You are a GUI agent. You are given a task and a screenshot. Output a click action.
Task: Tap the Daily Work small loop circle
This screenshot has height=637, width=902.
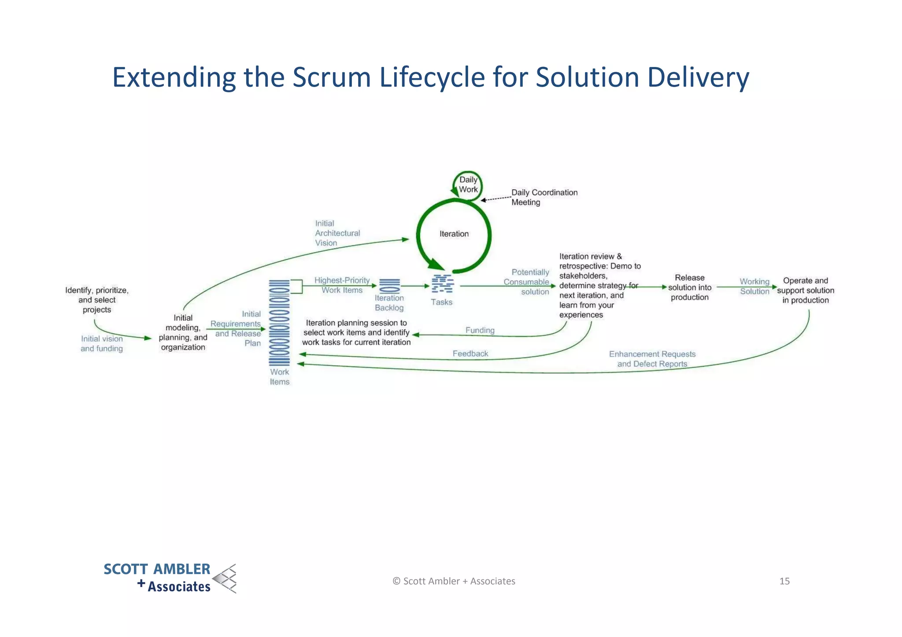click(x=468, y=185)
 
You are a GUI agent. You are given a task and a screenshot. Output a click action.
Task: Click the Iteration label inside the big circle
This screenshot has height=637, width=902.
click(x=454, y=234)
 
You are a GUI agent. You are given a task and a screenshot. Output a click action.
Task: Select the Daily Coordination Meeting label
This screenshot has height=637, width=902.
click(x=544, y=197)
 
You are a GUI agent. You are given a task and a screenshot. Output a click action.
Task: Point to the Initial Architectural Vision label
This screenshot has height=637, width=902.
click(x=337, y=233)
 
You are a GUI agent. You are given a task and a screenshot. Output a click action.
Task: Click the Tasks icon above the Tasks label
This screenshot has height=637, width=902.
click(x=442, y=284)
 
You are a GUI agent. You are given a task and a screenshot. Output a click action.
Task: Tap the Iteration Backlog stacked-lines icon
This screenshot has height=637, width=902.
click(x=389, y=286)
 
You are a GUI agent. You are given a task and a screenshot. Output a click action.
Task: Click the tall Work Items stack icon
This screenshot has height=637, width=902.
click(x=279, y=323)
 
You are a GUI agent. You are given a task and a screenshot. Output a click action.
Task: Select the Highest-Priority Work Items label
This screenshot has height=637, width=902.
click(x=342, y=285)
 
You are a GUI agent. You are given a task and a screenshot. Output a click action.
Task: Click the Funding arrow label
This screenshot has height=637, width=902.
click(x=480, y=330)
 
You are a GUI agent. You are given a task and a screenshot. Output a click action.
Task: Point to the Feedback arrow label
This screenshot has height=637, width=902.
click(x=470, y=353)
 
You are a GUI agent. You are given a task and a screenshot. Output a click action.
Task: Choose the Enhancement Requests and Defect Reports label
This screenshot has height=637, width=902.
click(x=652, y=359)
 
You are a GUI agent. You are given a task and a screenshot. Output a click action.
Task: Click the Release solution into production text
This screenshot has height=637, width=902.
click(x=689, y=287)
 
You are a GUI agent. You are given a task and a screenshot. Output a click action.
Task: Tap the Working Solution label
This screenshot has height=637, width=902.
click(x=754, y=286)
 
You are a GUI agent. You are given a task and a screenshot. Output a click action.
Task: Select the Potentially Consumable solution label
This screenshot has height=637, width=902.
click(x=527, y=282)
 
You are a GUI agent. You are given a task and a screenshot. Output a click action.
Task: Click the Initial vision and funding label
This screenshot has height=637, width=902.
click(x=102, y=343)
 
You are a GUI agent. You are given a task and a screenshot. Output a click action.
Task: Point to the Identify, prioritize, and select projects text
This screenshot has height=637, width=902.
click(x=97, y=300)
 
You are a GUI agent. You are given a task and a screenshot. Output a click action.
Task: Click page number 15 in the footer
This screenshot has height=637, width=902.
click(x=784, y=581)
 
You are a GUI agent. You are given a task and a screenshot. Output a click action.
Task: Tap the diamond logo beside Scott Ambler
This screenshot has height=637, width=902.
click(x=225, y=578)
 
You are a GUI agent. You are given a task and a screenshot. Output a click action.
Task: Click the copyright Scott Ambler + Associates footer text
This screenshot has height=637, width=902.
click(x=454, y=581)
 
